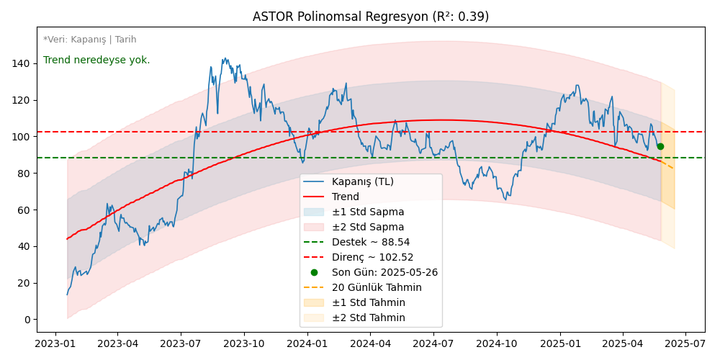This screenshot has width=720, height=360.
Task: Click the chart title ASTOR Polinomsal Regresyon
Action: (x=370, y=17)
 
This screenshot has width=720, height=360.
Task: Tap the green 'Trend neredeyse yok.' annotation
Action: (x=96, y=60)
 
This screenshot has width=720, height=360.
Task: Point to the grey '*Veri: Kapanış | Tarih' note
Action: (x=89, y=40)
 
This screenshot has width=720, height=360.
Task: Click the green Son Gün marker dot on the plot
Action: (x=660, y=146)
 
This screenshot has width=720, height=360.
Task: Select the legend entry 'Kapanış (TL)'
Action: (x=362, y=181)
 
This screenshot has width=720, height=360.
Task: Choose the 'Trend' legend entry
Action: (x=345, y=197)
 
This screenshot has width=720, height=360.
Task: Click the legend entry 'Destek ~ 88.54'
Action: (x=370, y=242)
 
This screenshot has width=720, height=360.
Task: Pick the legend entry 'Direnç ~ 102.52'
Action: (x=372, y=257)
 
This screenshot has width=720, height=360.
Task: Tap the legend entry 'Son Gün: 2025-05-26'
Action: (x=384, y=272)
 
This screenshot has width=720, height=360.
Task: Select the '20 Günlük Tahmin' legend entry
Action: (x=377, y=287)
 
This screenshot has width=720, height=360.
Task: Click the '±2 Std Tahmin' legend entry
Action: (x=368, y=318)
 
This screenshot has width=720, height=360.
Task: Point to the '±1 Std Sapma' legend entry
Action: (x=367, y=212)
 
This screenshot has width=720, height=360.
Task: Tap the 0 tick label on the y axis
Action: (x=27, y=320)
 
